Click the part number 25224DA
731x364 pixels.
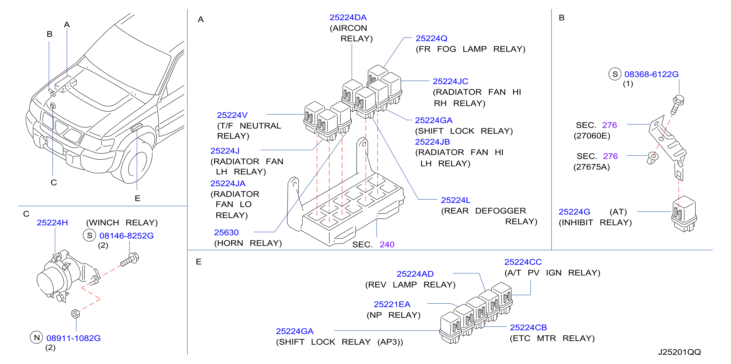coord(348,18)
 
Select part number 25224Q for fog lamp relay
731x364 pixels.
coord(431,38)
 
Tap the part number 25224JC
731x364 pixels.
coord(450,81)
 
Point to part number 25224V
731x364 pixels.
coord(232,115)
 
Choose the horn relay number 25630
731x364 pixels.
coord(226,233)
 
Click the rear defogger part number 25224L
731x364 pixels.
coord(455,200)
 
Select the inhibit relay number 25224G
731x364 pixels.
coord(574,212)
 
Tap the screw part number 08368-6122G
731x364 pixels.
coord(651,74)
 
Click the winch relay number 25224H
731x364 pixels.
coord(52,222)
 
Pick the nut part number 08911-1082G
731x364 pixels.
coord(73,338)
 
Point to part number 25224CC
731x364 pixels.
coord(523,262)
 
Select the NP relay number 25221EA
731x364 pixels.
coord(392,304)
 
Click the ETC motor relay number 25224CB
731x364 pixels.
coord(528,327)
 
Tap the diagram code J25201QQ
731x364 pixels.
coord(679,352)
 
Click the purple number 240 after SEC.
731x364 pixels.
coord(387,244)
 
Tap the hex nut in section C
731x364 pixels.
coord(75,314)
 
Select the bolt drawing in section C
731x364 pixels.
coord(130,260)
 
